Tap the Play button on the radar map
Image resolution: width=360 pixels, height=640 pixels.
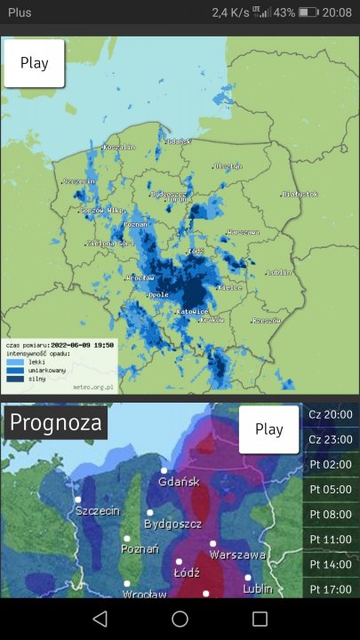click(34, 63)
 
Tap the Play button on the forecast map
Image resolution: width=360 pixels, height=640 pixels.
click(268, 428)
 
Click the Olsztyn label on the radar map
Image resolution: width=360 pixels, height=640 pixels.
click(228, 166)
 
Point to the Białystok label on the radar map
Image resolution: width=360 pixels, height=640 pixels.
click(300, 194)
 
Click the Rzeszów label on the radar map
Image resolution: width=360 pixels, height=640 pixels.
click(267, 321)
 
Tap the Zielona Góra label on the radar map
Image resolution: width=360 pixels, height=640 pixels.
click(110, 243)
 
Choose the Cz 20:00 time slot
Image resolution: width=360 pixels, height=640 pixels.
click(331, 413)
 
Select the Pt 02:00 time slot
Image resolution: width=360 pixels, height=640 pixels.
click(331, 464)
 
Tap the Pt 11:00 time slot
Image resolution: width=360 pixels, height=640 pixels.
click(331, 539)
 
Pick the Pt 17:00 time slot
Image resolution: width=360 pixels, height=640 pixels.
click(331, 588)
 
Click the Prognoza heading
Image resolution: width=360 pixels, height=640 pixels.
click(55, 423)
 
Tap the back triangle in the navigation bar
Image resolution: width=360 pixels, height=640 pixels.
click(100, 619)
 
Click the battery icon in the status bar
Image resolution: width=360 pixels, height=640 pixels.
click(308, 13)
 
